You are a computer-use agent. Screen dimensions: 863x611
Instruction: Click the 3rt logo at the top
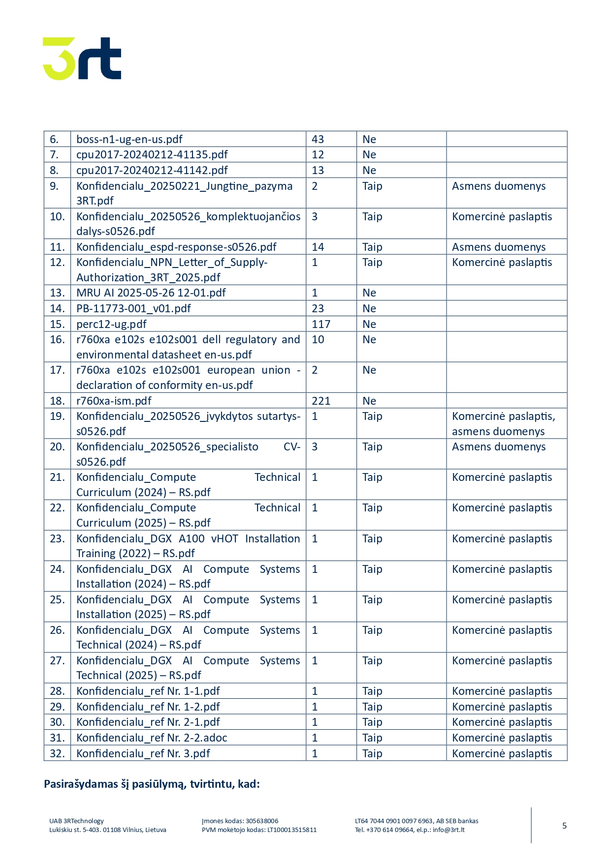coord(82,58)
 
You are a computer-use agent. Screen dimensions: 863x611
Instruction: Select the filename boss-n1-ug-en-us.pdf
coord(129,139)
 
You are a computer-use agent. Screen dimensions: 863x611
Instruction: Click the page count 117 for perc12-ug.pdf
coord(321,324)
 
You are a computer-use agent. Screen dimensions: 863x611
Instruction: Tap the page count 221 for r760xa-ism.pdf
coord(321,401)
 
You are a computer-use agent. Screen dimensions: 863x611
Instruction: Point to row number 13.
coord(57,293)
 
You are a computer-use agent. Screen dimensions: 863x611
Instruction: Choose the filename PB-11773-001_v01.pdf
coord(133,308)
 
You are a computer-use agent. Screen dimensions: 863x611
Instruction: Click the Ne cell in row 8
coord(369,170)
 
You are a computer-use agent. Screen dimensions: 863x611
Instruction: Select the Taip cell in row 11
coord(372,247)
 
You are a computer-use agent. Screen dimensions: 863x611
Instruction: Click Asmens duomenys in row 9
coord(499,186)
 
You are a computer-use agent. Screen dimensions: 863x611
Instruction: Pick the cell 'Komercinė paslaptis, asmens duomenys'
coord(503,423)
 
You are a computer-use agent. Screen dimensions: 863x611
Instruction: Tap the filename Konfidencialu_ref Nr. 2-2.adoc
coord(152,738)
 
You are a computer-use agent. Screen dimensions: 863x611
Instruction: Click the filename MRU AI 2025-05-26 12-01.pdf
coord(151,293)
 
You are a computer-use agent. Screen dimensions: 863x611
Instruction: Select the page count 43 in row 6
coord(318,139)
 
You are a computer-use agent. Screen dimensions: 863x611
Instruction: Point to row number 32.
coord(57,753)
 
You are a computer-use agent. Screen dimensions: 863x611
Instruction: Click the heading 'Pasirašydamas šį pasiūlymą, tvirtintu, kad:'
coord(152,784)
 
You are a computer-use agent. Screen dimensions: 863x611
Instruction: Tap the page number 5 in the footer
coord(564,826)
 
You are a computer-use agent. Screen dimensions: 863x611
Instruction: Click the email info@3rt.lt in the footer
coord(449,830)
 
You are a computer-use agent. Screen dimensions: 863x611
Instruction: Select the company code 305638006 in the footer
coord(262,821)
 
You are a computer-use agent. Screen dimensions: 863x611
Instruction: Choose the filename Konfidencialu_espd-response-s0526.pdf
coord(176,247)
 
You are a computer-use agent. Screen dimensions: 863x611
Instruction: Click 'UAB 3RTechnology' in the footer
coord(76,821)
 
